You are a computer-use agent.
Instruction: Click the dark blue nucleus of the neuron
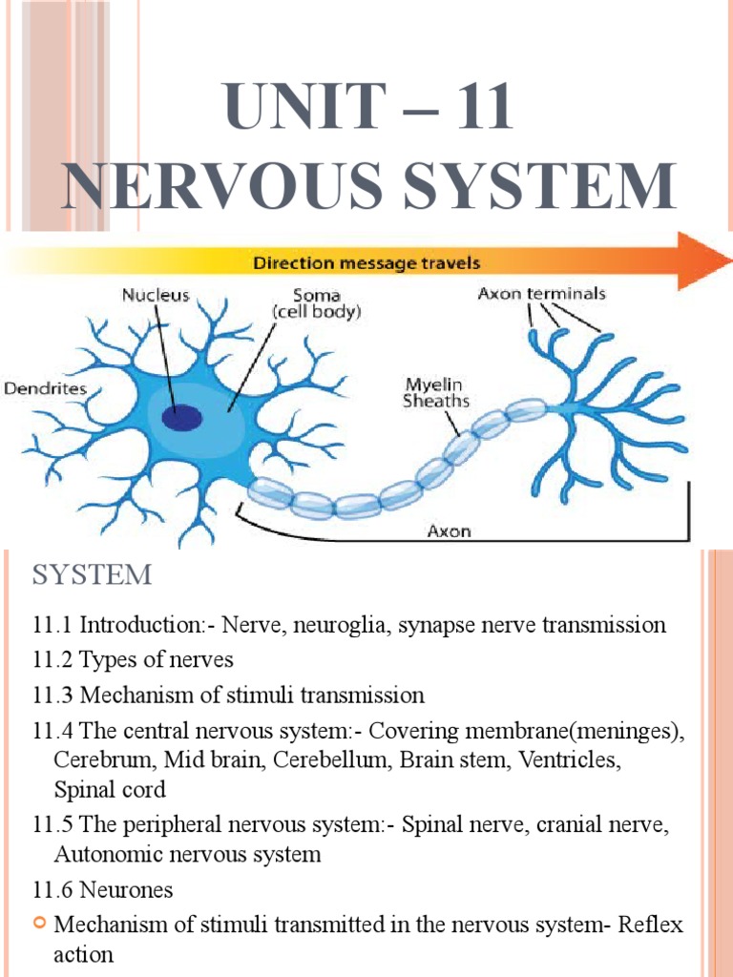[x=181, y=417]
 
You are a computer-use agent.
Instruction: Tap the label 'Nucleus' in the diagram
[x=156, y=295]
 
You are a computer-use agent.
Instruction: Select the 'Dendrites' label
[x=45, y=388]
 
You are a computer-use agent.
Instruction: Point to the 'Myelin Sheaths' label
[x=435, y=392]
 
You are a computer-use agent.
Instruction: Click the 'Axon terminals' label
[x=540, y=294]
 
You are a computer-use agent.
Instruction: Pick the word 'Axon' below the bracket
[x=448, y=531]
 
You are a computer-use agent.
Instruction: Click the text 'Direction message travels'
[x=366, y=260]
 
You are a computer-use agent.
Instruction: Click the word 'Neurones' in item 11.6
[x=126, y=890]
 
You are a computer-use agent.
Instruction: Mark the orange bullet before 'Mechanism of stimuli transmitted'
[x=41, y=924]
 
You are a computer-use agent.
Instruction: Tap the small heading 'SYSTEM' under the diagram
[x=92, y=575]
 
